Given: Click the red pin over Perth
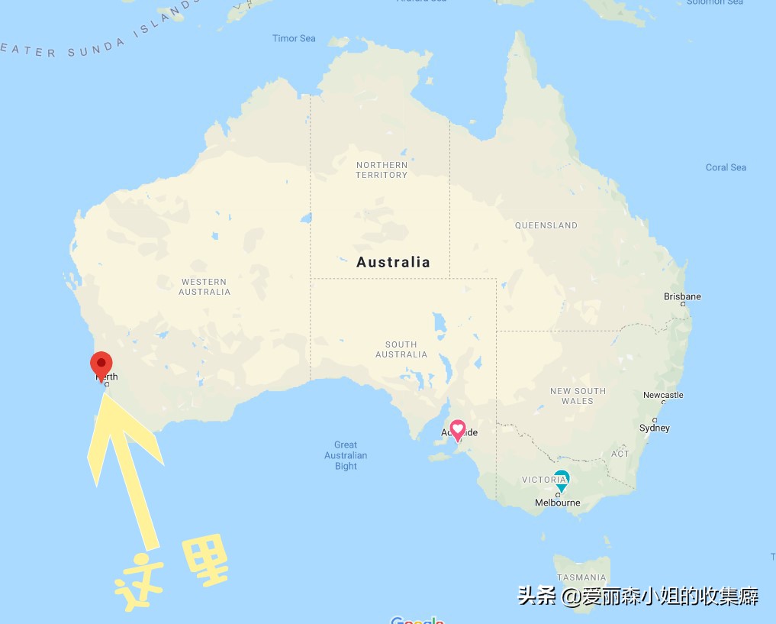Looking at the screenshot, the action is tap(101, 364).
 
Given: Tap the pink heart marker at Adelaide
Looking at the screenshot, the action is tap(458, 429).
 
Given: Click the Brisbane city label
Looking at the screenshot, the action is tap(682, 296).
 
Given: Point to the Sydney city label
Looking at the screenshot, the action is tap(655, 428).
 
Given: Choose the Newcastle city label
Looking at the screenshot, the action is tap(663, 395).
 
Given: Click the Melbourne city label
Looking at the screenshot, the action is tap(557, 503).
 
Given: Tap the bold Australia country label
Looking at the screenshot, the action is tap(393, 262).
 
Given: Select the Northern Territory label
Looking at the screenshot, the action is tap(382, 170).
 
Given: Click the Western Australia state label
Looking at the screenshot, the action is tap(204, 286).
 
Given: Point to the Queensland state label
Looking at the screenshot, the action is tap(546, 225).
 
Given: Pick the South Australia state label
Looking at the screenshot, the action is tap(401, 349).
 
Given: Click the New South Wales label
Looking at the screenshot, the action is tap(578, 396).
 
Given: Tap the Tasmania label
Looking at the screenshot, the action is tap(581, 577).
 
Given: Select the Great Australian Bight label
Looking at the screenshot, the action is tap(346, 455).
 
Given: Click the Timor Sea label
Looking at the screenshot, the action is tap(294, 38).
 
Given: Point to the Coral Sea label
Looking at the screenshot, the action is tap(726, 167).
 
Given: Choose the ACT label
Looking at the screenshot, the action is tap(620, 454).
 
